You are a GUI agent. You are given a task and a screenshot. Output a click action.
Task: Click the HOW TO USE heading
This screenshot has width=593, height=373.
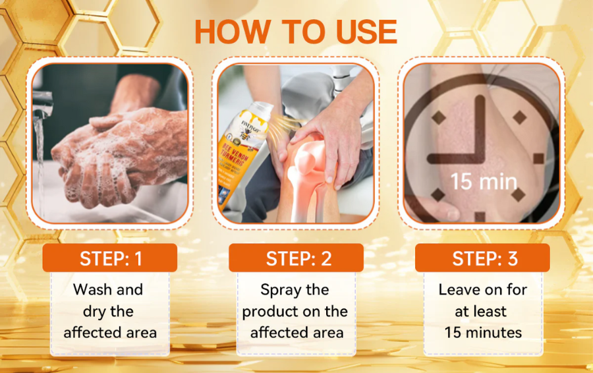coord(296,32)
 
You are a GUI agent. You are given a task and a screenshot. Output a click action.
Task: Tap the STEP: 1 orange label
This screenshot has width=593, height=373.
coord(110,258)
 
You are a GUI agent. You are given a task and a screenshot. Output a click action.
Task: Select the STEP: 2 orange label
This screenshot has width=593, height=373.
coord(296,258)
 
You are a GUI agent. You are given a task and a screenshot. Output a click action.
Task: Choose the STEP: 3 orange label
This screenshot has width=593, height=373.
coord(482,258)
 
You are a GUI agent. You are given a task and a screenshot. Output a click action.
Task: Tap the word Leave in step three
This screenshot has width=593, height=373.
coord(460,289)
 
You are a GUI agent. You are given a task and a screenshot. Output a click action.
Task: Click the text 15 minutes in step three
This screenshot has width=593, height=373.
coord(483,332)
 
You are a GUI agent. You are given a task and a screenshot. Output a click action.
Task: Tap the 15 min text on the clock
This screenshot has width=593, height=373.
coord(483,181)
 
